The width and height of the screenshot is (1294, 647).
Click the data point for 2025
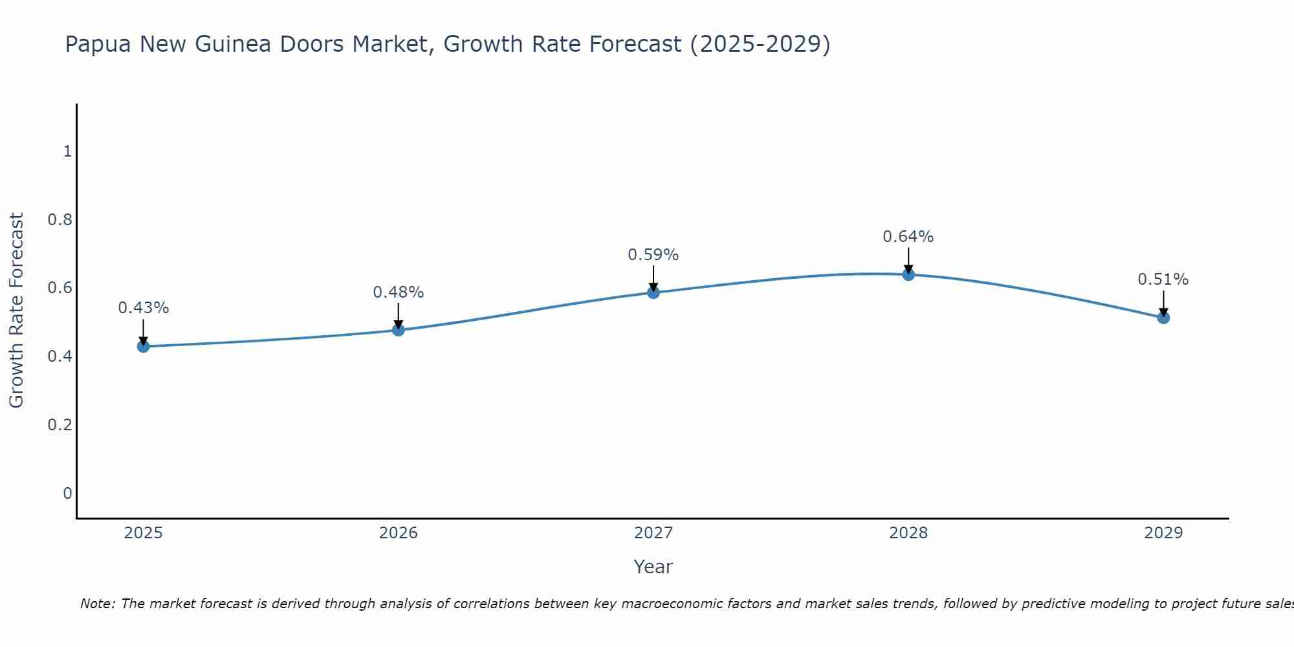click(143, 346)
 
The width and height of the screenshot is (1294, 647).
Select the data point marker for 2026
click(398, 330)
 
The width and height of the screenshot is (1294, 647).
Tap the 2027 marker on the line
click(653, 292)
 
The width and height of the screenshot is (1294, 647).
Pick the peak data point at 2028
click(908, 274)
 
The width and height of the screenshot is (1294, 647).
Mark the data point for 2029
click(1163, 318)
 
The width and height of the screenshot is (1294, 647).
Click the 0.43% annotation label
click(143, 308)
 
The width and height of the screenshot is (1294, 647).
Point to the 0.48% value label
click(398, 292)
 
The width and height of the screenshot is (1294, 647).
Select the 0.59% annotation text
click(653, 255)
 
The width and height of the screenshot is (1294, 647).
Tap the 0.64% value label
click(908, 237)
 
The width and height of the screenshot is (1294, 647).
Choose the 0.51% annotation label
click(1163, 280)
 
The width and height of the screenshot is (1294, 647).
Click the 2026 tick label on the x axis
click(398, 533)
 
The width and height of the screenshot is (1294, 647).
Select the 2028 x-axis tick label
click(908, 533)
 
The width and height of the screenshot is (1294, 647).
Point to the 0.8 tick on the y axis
click(60, 220)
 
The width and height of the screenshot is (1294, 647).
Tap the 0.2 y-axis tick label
click(60, 425)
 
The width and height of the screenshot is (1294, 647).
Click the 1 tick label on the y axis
click(67, 151)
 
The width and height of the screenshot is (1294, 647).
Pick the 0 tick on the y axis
click(67, 494)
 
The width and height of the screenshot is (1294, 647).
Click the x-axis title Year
click(653, 567)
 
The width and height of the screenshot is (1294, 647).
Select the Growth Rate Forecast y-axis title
click(16, 311)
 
